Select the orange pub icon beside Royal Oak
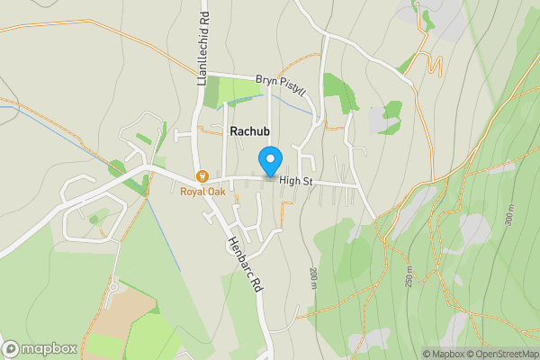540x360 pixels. click(x=202, y=175)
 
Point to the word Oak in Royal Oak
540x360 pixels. click(x=215, y=191)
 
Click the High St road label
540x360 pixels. click(x=295, y=181)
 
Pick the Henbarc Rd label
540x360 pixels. click(x=244, y=264)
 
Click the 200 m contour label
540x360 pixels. click(x=313, y=278)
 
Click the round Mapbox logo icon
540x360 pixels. click(x=11, y=349)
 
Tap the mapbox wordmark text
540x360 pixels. click(x=49, y=349)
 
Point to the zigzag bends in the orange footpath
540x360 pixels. click(x=436, y=66)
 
